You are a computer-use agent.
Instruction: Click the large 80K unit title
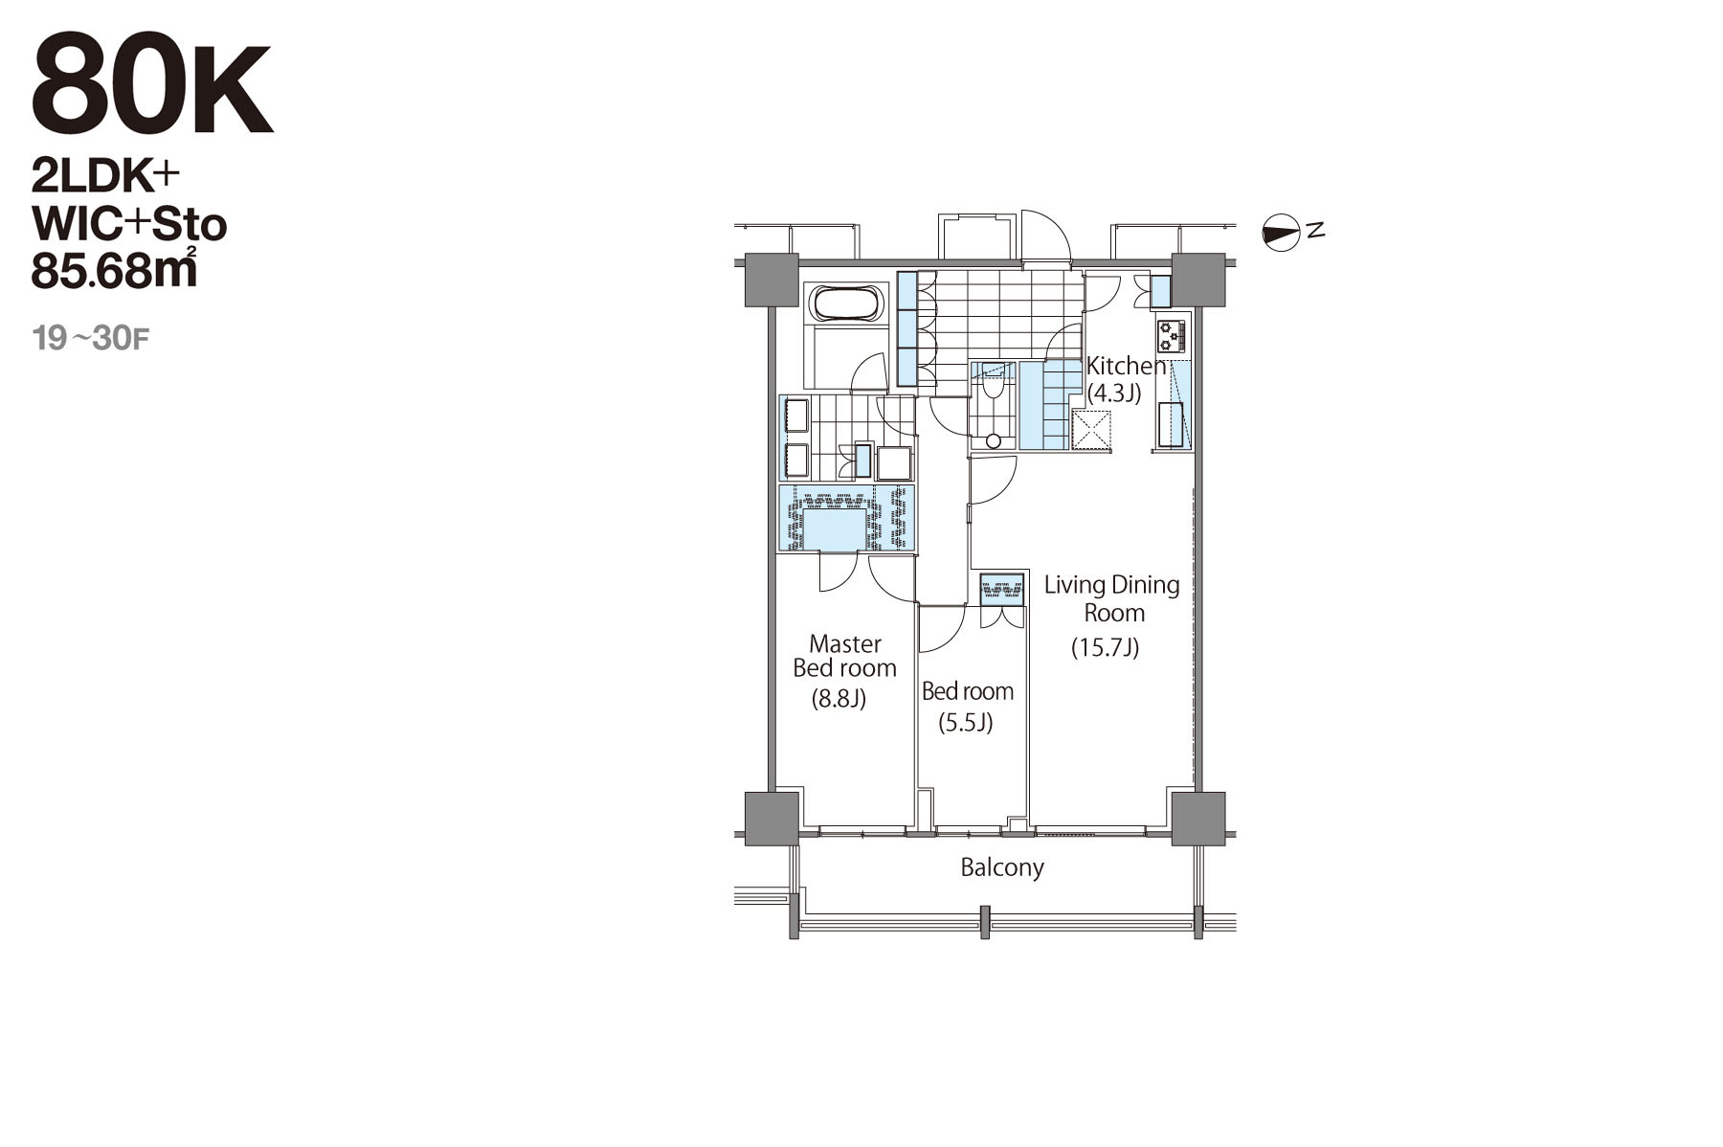(x=152, y=84)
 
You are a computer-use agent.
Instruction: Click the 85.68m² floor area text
(x=115, y=269)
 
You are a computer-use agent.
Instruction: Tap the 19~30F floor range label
(x=91, y=338)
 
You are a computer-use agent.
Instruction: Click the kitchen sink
(x=1171, y=425)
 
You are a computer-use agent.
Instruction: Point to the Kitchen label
(x=1127, y=365)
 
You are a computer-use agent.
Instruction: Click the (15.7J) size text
(x=1105, y=648)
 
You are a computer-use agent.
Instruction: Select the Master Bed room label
(x=844, y=656)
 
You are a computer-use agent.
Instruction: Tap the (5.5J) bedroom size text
(x=965, y=722)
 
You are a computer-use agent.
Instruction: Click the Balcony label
(x=1002, y=867)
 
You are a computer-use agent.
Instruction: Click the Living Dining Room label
(x=1112, y=598)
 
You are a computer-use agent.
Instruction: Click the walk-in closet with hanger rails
(x=846, y=518)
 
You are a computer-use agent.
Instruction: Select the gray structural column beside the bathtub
(x=772, y=280)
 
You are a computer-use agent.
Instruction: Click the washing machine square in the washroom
(x=895, y=463)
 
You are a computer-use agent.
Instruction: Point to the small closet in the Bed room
(x=1002, y=586)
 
